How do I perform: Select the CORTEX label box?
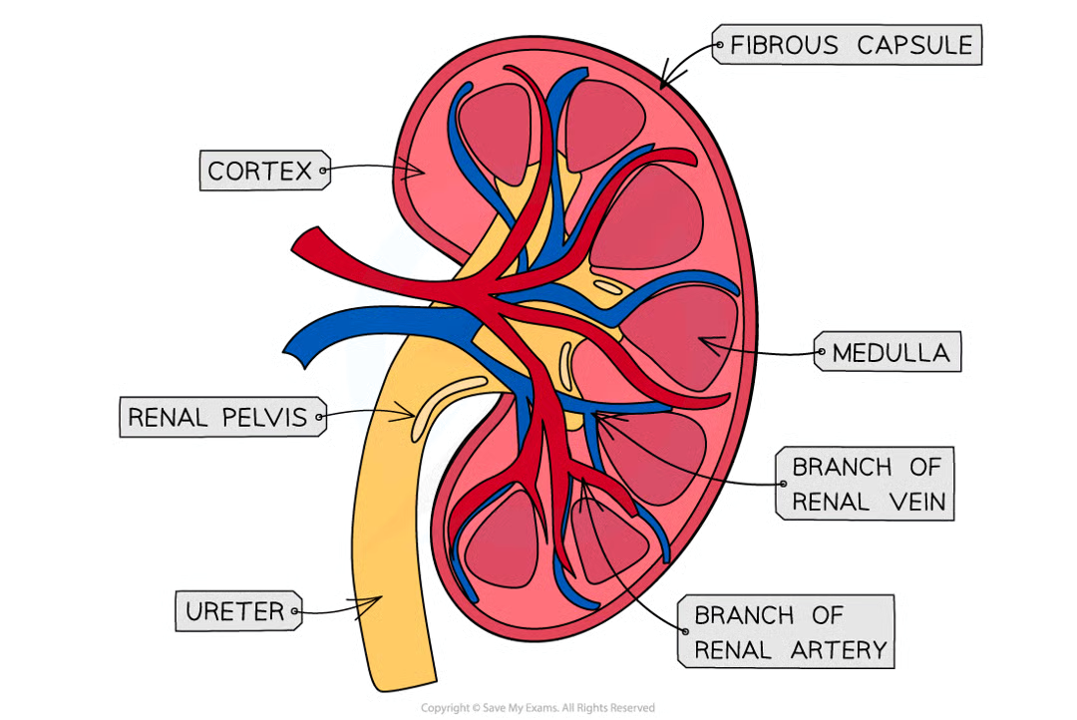click(x=261, y=172)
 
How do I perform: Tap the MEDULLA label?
click(x=890, y=353)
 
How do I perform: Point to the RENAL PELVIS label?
click(x=218, y=417)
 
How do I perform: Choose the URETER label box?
click(x=235, y=610)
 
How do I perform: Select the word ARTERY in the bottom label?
click(x=837, y=650)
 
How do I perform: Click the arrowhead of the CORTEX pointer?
click(x=423, y=172)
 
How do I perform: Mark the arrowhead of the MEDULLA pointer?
click(x=702, y=343)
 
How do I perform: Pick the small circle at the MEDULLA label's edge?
click(x=821, y=353)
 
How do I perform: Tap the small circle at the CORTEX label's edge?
click(x=323, y=172)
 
